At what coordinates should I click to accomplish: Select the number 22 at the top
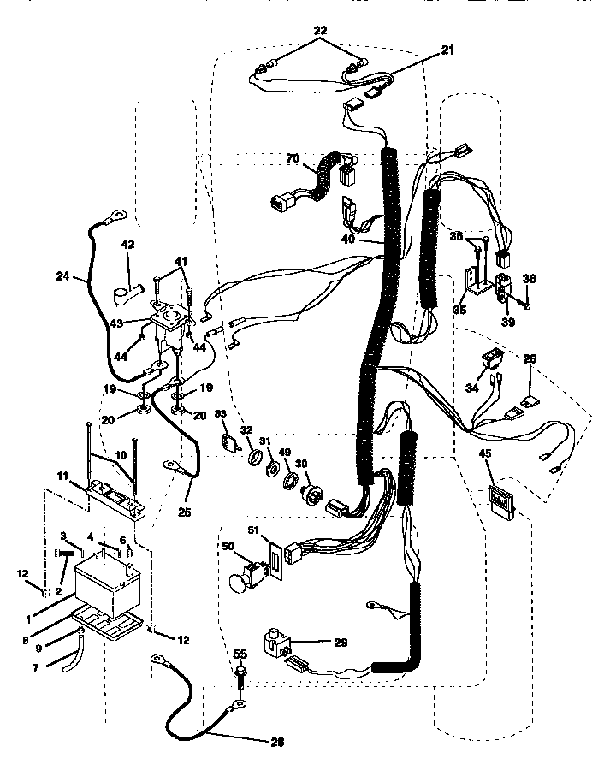[x=320, y=30]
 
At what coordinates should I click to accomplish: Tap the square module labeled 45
[x=500, y=499]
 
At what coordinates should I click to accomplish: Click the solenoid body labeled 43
[x=172, y=330]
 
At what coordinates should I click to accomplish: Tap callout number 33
[x=222, y=414]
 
